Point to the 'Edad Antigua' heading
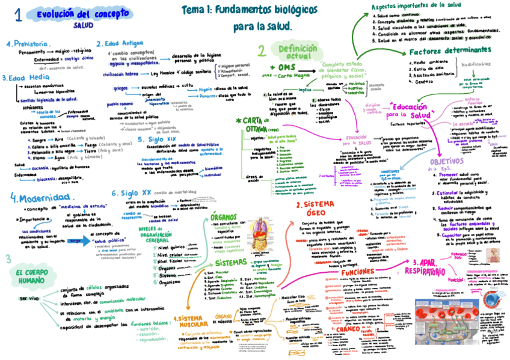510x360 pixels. coord(123,44)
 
